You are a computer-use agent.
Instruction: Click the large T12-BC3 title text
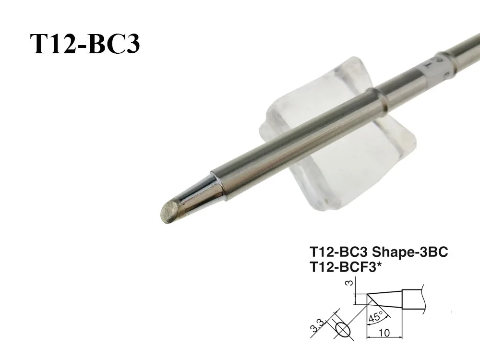click(x=85, y=45)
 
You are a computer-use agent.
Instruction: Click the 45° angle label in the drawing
click(x=375, y=317)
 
